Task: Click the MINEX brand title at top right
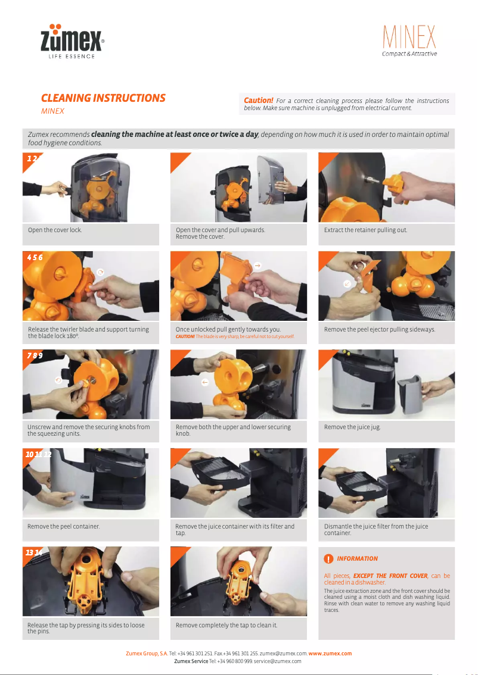click(409, 38)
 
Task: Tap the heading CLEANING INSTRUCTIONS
click(103, 98)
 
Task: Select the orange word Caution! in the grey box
click(259, 101)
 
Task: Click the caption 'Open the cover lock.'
click(55, 230)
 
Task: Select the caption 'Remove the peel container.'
click(63, 526)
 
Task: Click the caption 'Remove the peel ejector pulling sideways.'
click(379, 329)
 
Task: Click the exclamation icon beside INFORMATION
click(328, 559)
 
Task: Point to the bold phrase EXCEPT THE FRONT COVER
click(390, 576)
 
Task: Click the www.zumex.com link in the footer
click(330, 654)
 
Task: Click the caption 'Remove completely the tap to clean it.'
click(226, 625)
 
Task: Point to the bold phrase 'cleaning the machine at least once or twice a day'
click(174, 135)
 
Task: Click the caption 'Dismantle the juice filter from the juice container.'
click(375, 530)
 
